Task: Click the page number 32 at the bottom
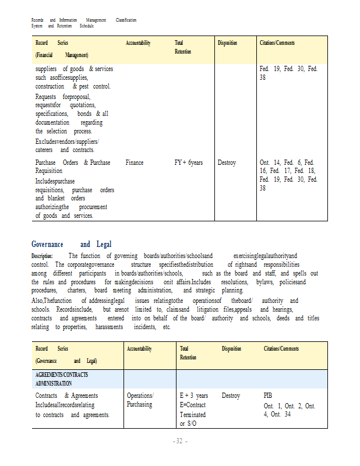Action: (180, 441)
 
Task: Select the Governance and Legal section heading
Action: (71, 244)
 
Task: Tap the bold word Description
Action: (42, 256)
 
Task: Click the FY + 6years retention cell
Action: (189, 163)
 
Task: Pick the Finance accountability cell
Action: (135, 163)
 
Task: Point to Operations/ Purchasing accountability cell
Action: (140, 400)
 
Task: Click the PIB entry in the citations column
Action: (268, 396)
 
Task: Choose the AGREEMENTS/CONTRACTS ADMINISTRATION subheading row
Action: (62, 379)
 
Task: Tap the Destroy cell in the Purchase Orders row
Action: (227, 163)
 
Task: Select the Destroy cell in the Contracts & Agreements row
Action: (231, 396)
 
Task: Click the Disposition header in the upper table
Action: (227, 43)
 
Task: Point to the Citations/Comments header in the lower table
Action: (281, 349)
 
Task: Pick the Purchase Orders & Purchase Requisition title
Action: (73, 167)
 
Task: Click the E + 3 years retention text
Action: (194, 396)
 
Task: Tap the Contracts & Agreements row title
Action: (66, 396)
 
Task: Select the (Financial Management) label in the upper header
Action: (62, 55)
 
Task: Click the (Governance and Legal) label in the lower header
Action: (66, 361)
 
